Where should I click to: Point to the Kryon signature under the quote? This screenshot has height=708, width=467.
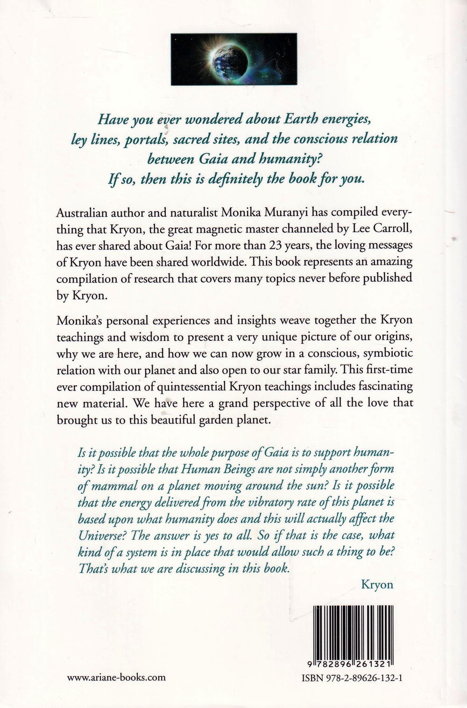coord(377,584)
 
